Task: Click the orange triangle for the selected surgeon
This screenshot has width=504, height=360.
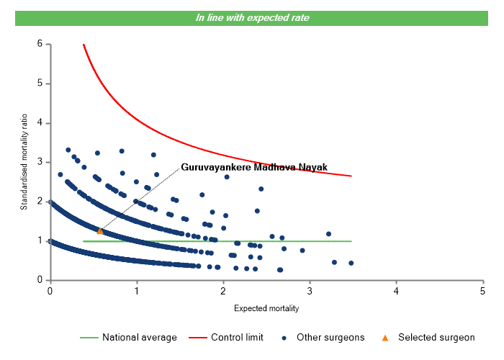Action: pyautogui.click(x=100, y=231)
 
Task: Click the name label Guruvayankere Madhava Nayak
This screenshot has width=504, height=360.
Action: pyautogui.click(x=254, y=167)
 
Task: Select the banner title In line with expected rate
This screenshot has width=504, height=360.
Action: pyautogui.click(x=253, y=18)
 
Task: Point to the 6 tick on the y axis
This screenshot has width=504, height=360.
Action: pyautogui.click(x=40, y=45)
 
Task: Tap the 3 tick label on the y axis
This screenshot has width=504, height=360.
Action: pyautogui.click(x=40, y=163)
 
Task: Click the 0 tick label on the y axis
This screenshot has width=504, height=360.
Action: pyautogui.click(x=40, y=281)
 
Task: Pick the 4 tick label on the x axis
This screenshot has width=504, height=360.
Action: pyautogui.click(x=396, y=290)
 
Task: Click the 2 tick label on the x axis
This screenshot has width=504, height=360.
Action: pyautogui.click(x=223, y=290)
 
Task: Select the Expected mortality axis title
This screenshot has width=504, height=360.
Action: pyautogui.click(x=266, y=308)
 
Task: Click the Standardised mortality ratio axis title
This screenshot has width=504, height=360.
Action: pyautogui.click(x=24, y=162)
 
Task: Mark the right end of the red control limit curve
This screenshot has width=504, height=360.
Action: pyautogui.click(x=351, y=176)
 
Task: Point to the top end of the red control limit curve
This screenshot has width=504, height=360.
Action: pyautogui.click(x=84, y=45)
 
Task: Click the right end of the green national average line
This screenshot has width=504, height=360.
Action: pyautogui.click(x=351, y=241)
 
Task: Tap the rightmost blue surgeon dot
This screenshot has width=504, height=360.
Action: pyautogui.click(x=351, y=263)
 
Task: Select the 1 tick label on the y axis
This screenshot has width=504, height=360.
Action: pyautogui.click(x=40, y=241)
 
